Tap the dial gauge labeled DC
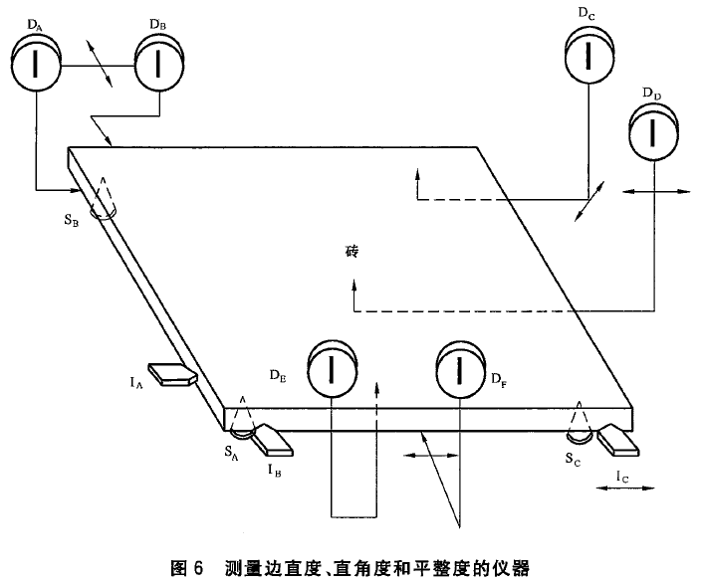589,56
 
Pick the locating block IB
271,437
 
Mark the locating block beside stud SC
616,441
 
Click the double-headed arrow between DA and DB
97,65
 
